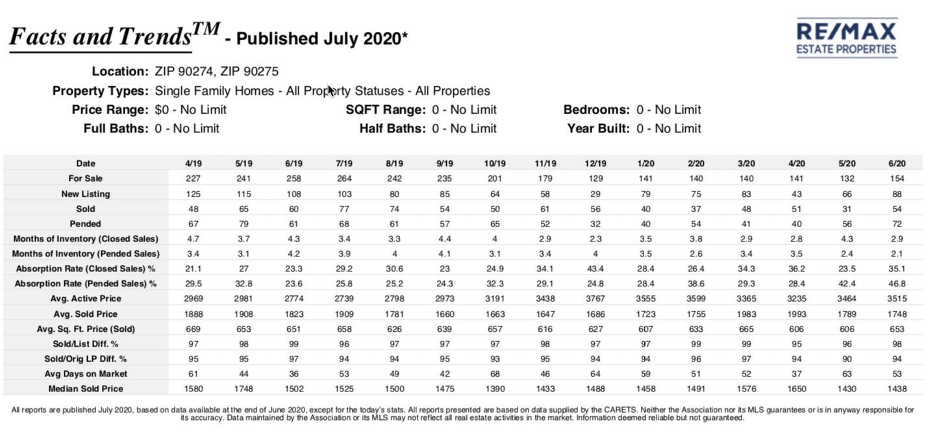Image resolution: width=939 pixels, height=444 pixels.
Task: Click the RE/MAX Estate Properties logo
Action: [x=846, y=38]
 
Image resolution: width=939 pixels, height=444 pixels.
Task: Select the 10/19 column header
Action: [x=495, y=164]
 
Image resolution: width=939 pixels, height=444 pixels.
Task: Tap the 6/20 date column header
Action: [x=897, y=164]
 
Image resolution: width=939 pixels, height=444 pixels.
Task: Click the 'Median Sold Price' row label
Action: [x=86, y=389]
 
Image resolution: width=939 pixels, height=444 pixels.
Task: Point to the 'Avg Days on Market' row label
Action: [x=86, y=374]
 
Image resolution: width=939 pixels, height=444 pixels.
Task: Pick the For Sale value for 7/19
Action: [x=344, y=179]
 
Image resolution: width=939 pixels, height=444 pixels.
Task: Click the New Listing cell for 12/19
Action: [x=595, y=194]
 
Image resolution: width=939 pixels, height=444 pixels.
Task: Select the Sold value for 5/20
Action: [x=847, y=208]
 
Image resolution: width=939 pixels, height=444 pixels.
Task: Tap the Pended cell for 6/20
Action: [x=897, y=224]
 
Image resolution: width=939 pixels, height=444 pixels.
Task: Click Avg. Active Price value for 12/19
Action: [x=595, y=299]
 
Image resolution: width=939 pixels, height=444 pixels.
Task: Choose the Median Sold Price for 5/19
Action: [x=244, y=389]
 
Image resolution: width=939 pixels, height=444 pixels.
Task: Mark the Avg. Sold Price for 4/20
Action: [x=797, y=314]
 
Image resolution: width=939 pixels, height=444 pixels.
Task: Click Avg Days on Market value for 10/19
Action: [x=495, y=374]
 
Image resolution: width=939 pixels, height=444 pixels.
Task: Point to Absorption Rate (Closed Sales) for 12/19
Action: [x=595, y=269]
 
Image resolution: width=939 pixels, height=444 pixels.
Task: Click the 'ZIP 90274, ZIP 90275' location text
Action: [x=216, y=71]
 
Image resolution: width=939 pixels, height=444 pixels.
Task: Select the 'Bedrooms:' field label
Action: [x=596, y=110]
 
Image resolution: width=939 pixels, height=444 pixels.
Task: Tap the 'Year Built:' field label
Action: [x=598, y=129]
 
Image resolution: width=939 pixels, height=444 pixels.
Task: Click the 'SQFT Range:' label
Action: [x=386, y=110]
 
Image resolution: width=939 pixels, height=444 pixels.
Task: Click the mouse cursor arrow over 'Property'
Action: [x=332, y=91]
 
